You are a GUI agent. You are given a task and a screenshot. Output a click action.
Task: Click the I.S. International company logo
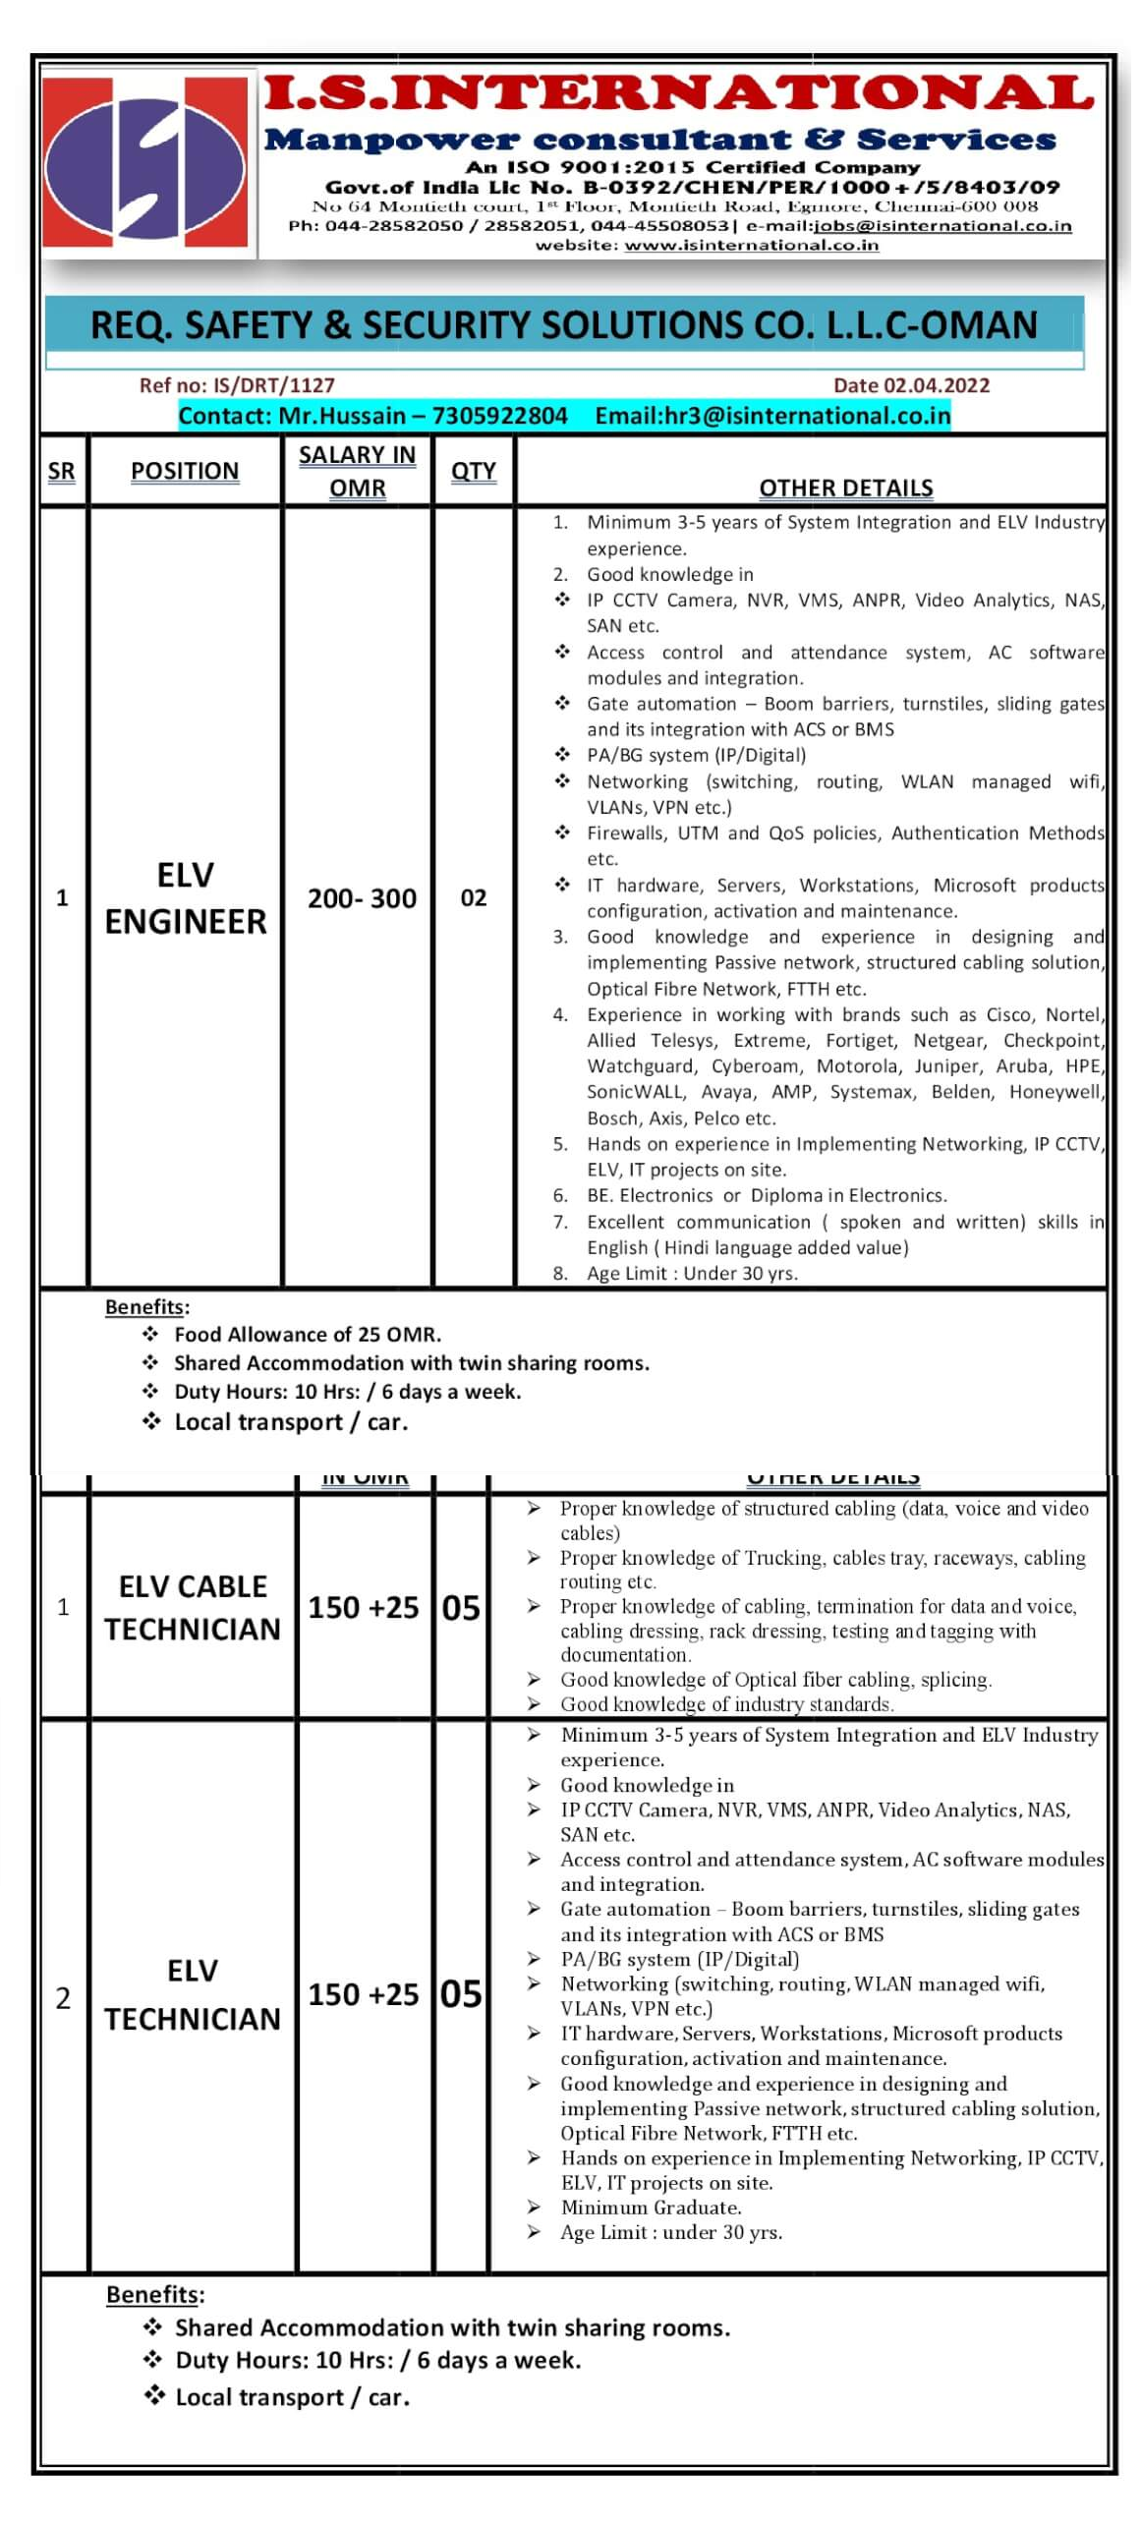tap(145, 163)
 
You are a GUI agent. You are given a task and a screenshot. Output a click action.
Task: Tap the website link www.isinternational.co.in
tap(751, 245)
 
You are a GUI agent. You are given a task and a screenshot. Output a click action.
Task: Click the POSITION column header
tap(185, 472)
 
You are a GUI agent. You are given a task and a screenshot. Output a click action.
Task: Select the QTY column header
tap(473, 472)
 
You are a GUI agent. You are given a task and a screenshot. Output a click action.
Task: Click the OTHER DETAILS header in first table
tap(845, 488)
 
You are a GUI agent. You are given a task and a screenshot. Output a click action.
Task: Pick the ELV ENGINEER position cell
tap(185, 898)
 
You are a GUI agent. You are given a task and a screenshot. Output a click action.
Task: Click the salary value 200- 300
tap(362, 898)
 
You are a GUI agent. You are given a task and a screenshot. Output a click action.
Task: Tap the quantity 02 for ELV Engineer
tap(473, 898)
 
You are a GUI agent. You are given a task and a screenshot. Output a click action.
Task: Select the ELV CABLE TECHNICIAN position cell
tap(193, 1608)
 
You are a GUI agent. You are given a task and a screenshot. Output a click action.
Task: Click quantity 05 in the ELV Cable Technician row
tap(461, 1608)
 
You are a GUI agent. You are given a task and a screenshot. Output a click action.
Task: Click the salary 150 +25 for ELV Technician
tap(363, 1994)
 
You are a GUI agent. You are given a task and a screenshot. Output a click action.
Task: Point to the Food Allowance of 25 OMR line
tap(307, 1334)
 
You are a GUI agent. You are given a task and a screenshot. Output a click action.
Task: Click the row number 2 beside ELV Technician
tap(63, 1997)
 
